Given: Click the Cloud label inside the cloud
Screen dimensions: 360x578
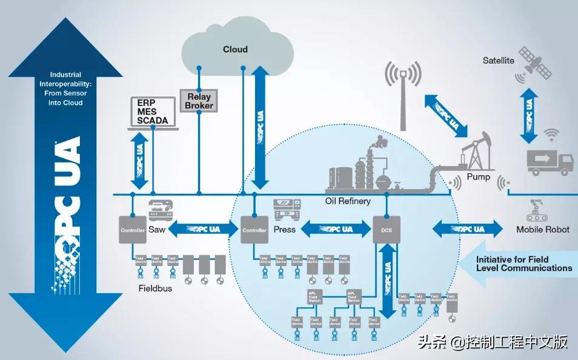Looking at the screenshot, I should [x=235, y=49].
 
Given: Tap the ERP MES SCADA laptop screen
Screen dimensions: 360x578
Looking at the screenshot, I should [x=152, y=110].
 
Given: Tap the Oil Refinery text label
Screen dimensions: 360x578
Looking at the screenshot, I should [x=348, y=201].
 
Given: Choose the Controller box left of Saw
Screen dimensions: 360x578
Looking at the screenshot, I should [x=131, y=230].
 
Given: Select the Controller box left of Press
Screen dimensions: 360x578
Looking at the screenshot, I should [x=254, y=230].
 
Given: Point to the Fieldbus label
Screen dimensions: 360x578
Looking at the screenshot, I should [x=154, y=288].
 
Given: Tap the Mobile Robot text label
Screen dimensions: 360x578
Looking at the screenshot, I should [x=543, y=230].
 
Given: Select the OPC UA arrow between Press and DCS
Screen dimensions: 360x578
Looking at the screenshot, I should [x=335, y=230].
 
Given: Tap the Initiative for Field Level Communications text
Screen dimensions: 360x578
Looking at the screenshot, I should [x=523, y=264].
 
